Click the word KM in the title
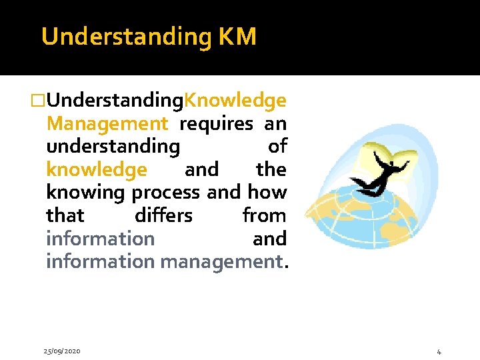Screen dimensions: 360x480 [237, 37]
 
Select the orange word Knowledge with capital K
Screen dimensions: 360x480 [235, 101]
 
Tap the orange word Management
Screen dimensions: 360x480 [107, 124]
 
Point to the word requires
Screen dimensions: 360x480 [216, 124]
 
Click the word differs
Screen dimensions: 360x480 [163, 216]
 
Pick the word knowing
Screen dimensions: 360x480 [86, 193]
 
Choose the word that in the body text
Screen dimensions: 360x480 [65, 216]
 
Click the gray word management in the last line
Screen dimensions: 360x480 [221, 262]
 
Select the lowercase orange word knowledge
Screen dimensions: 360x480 [96, 170]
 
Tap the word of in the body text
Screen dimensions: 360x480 [277, 147]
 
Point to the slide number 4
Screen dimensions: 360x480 [439, 351]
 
